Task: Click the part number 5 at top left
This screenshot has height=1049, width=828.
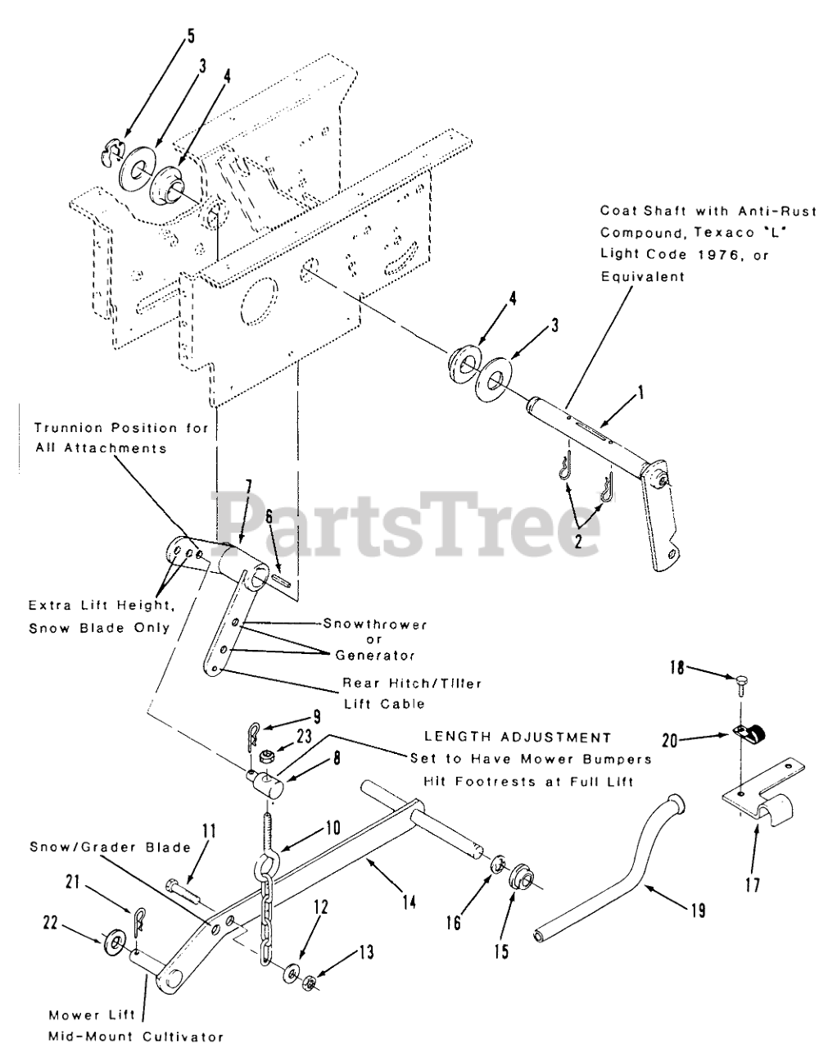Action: tap(192, 36)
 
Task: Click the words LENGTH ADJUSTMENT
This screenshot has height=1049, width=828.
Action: tap(517, 738)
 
